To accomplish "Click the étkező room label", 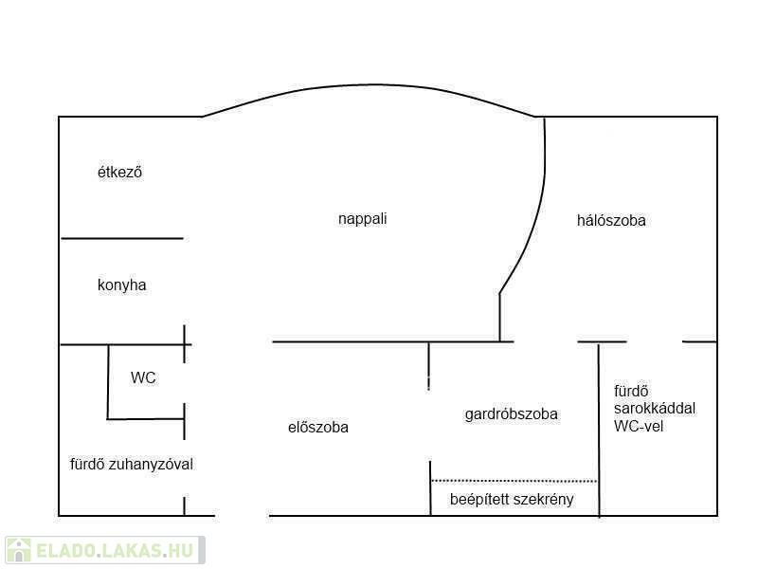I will click(x=119, y=173).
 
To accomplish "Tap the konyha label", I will click(x=121, y=284).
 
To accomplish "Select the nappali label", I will click(x=362, y=219).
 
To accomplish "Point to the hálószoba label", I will click(x=611, y=220).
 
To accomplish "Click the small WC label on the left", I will click(x=143, y=377).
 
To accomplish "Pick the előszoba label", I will click(x=317, y=427).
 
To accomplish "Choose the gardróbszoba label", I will click(x=511, y=413).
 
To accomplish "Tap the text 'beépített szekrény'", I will click(x=511, y=499).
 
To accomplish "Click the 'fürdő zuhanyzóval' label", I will click(x=131, y=464).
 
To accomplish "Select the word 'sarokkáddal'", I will click(x=655, y=408).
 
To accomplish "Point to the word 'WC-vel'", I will click(x=640, y=426).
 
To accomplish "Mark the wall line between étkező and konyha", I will click(x=121, y=238).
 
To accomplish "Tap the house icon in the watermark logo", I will click(x=18, y=550).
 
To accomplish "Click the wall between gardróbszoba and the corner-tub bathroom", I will click(x=599, y=427).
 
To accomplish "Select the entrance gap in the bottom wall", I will click(x=243, y=516).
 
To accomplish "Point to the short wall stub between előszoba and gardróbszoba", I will click(x=429, y=365).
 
